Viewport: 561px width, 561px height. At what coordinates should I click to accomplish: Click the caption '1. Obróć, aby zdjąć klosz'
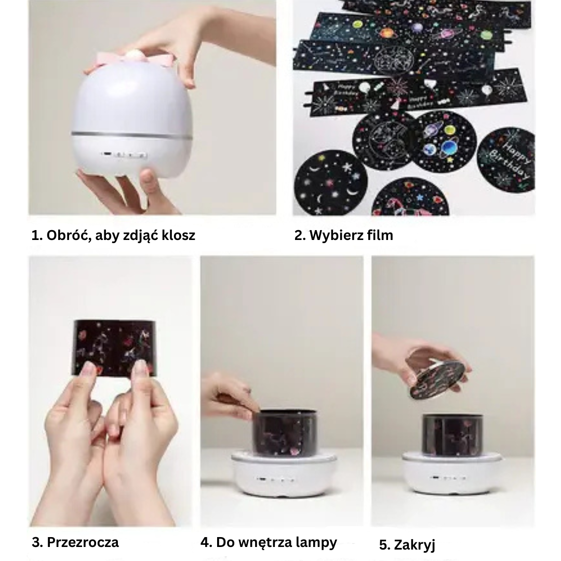pyautogui.click(x=113, y=235)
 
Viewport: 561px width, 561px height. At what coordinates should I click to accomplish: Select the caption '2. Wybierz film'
pyautogui.click(x=343, y=235)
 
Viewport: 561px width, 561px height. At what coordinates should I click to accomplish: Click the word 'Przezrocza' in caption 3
pyautogui.click(x=83, y=542)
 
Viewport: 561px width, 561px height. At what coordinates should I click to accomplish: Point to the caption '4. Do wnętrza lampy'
pyautogui.click(x=269, y=542)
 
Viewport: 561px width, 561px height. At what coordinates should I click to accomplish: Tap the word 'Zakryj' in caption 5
pyautogui.click(x=415, y=544)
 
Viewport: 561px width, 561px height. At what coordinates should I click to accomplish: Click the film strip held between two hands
pyautogui.click(x=113, y=347)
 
